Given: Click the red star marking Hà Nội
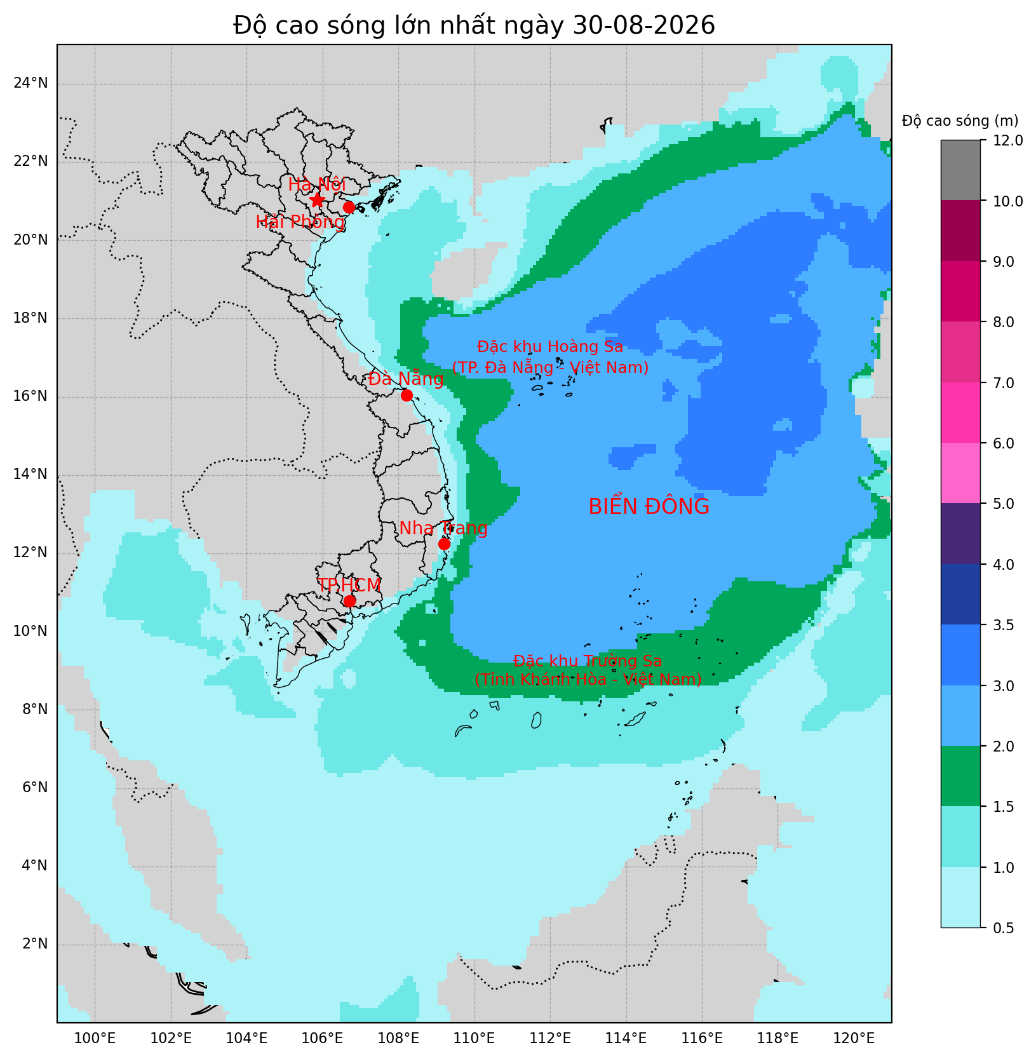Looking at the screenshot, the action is [x=317, y=200].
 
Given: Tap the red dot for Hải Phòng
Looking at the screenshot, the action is [x=349, y=207].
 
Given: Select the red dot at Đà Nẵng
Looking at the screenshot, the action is [x=407, y=395].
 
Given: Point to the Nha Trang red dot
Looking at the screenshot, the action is [x=444, y=544].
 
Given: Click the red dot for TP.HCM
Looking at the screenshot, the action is [x=349, y=601].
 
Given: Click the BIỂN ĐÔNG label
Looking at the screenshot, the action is [x=649, y=506].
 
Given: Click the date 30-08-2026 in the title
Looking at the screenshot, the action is [x=643, y=25].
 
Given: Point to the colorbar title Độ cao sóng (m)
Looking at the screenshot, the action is [x=960, y=121].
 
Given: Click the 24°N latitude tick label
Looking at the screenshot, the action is [x=30, y=83].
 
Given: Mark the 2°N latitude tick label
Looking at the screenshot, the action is [x=35, y=943].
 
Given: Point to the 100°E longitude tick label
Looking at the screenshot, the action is [x=95, y=1038].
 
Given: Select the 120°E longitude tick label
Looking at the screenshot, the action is [x=854, y=1038].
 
